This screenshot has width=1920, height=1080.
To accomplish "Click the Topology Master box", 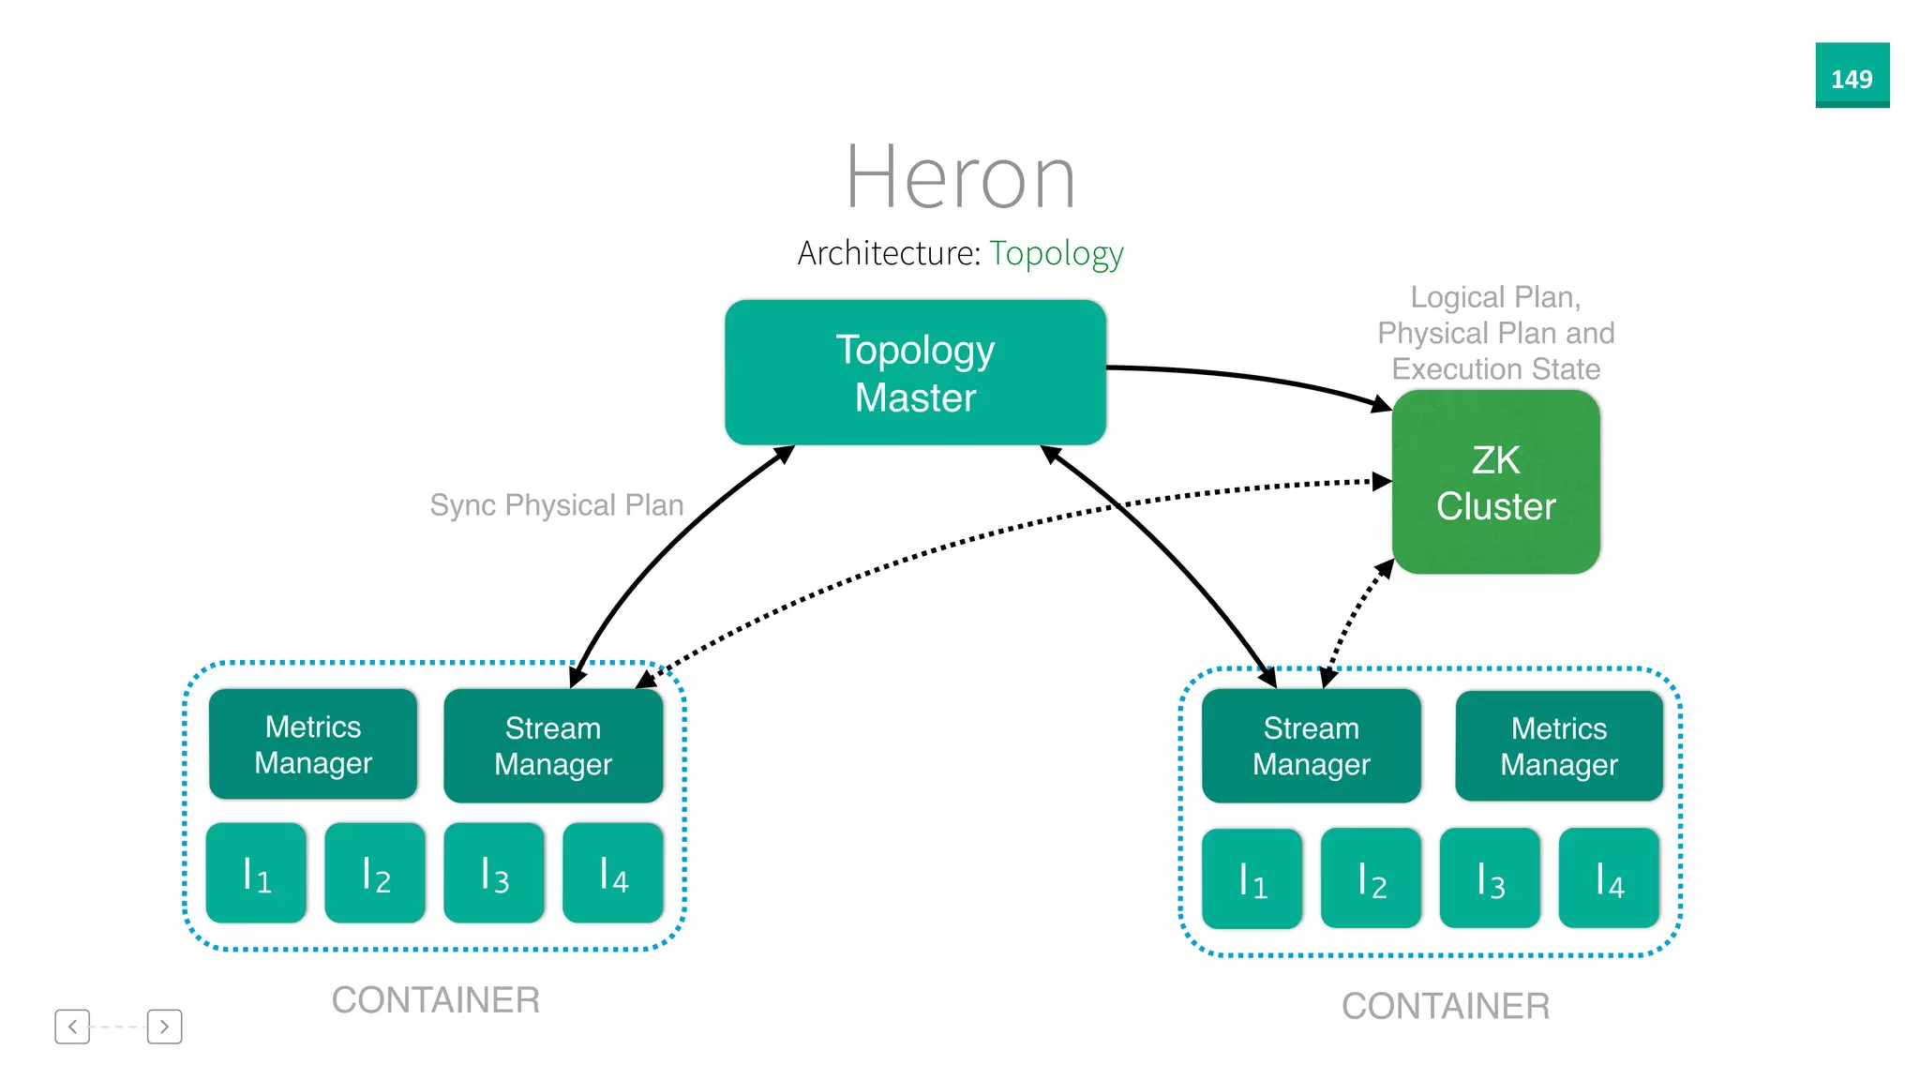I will [915, 373].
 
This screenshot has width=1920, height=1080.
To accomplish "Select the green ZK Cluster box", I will [1495, 482].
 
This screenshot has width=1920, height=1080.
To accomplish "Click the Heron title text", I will [960, 178].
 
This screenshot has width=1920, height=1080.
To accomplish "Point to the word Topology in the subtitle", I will [1056, 253].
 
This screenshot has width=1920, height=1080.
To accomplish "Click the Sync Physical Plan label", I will [556, 505].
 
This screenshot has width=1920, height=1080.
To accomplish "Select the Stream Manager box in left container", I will [553, 746].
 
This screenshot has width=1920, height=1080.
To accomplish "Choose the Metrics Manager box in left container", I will [313, 744].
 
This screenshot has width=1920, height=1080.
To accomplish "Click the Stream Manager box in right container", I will [1311, 746].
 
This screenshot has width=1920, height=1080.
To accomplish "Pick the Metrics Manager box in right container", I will [1558, 746].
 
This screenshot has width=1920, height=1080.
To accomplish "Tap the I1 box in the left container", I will [256, 874].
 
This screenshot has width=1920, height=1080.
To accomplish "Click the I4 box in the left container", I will [613, 874].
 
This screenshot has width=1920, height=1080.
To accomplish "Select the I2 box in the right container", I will [1371, 879].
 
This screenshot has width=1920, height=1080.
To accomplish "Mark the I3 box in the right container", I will [1490, 879].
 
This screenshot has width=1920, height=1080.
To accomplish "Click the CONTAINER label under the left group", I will [436, 1000].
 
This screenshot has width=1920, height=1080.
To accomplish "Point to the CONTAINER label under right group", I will [1445, 1007].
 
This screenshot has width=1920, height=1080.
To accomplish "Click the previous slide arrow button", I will [72, 1027].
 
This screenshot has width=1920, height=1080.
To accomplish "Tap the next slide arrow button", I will [164, 1027].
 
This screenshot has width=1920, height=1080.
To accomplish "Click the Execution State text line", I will [1495, 369].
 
